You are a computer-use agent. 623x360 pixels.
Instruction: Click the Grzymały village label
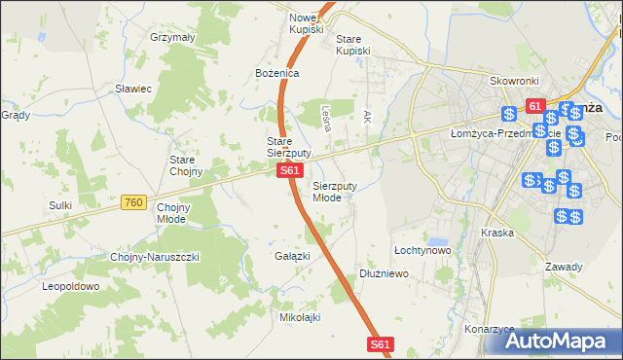point(173,37)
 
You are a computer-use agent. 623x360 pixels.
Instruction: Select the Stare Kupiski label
point(353,45)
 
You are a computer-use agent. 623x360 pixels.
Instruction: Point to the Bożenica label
point(276,73)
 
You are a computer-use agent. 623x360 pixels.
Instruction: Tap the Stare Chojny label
point(186,165)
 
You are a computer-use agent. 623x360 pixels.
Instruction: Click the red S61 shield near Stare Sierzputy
point(288,171)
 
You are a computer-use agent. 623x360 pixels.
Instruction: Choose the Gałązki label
point(292,256)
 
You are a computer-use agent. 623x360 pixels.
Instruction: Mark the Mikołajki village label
point(301,317)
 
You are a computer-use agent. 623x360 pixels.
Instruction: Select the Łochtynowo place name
point(421,250)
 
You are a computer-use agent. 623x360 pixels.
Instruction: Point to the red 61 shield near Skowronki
point(533,105)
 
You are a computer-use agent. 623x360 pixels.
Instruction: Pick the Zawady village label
point(564,267)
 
